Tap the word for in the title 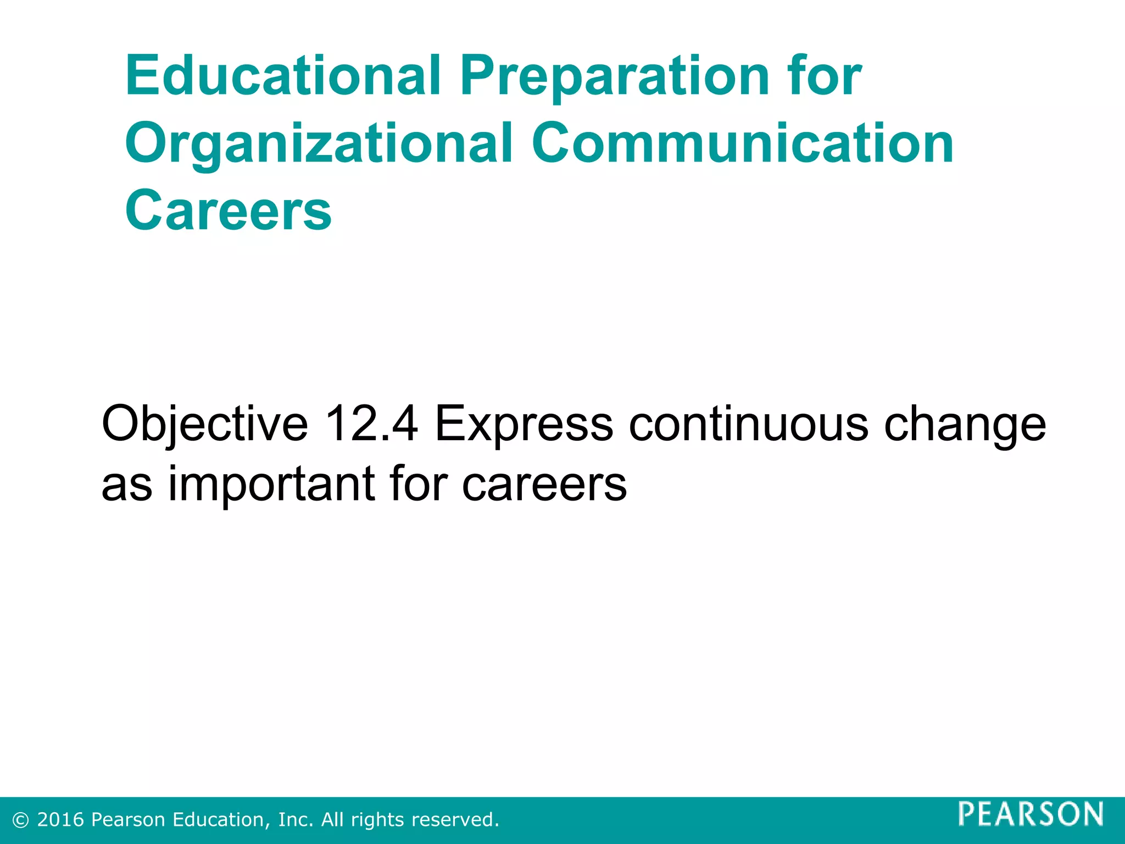(x=825, y=75)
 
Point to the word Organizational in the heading (x=319, y=144)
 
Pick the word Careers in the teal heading (x=229, y=210)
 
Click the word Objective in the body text (x=205, y=424)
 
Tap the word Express (x=523, y=424)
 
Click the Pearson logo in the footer (x=1031, y=814)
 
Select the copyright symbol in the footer (x=21, y=820)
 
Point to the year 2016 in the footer (x=60, y=819)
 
